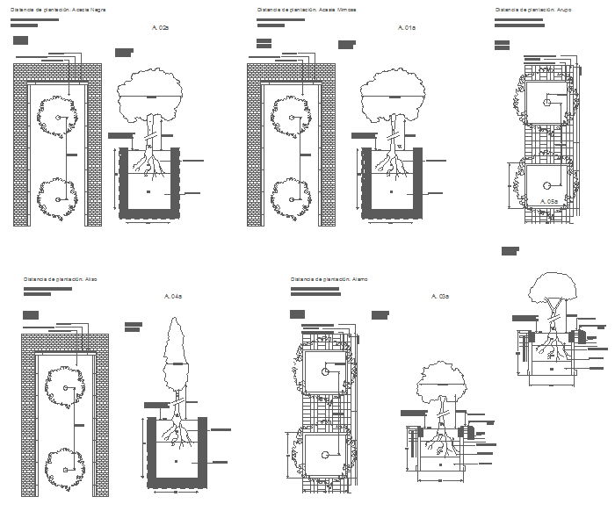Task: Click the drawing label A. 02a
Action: pyautogui.click(x=159, y=28)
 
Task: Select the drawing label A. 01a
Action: pyautogui.click(x=406, y=28)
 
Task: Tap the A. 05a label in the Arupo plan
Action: pyautogui.click(x=549, y=201)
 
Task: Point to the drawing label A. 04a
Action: pyautogui.click(x=173, y=297)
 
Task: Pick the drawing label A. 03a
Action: pyautogui.click(x=440, y=297)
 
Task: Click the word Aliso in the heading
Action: pyautogui.click(x=91, y=278)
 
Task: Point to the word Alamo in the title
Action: pyautogui.click(x=359, y=278)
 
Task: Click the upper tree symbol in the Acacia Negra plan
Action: pyautogui.click(x=57, y=117)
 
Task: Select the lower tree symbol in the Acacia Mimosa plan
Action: pyautogui.click(x=290, y=198)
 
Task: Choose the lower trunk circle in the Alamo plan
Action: pyautogui.click(x=326, y=454)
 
